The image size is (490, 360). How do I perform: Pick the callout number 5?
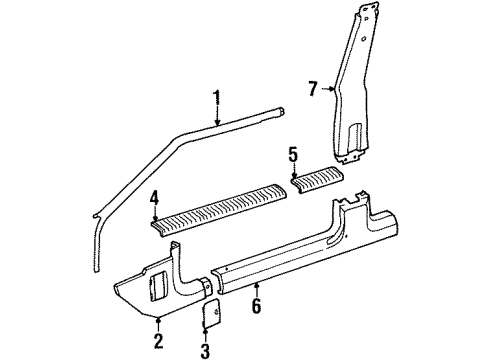coord(293,155)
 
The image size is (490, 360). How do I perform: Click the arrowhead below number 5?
coord(293,173)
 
